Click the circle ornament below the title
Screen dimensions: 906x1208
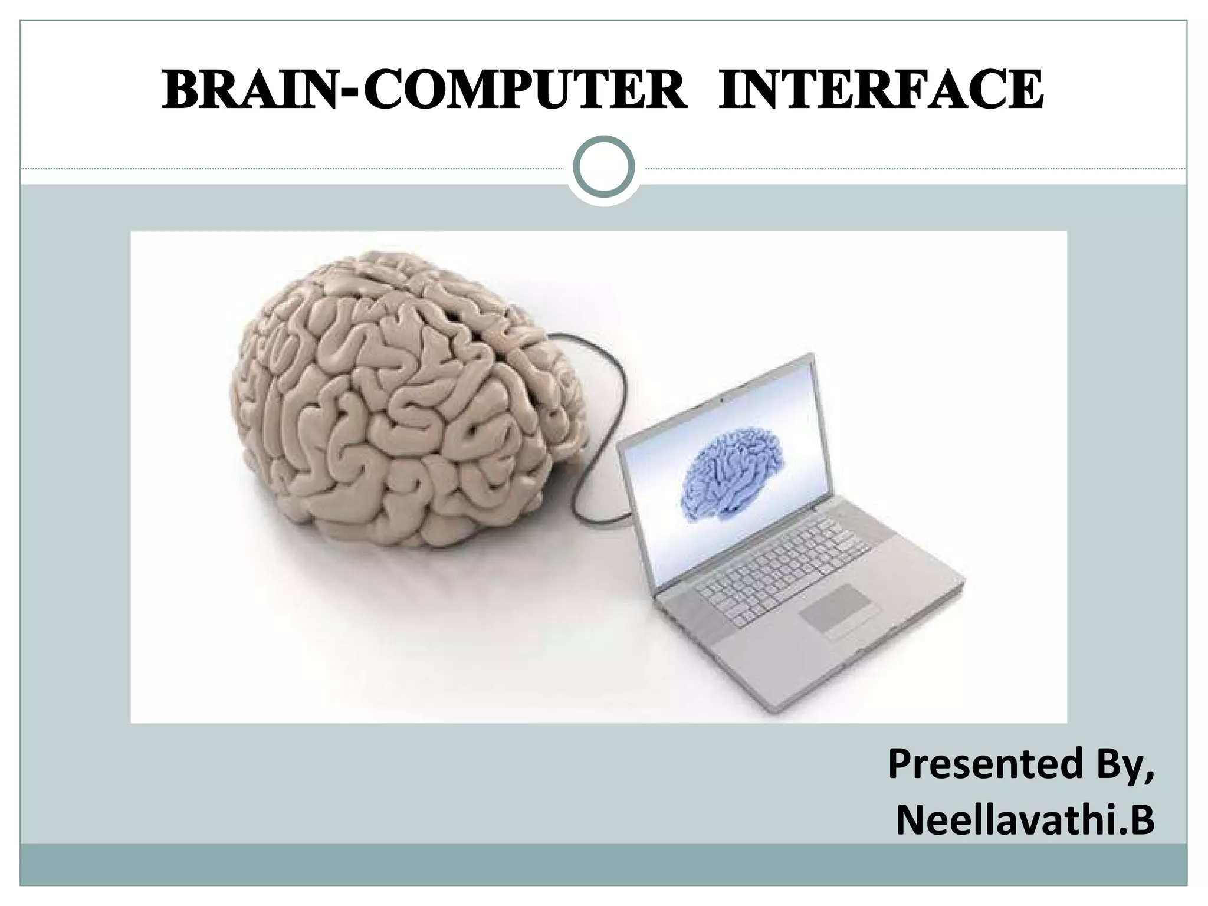click(604, 167)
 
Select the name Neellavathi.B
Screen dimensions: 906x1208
click(1025, 820)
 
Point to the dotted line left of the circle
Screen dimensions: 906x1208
click(295, 169)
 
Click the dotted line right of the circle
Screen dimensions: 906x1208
click(914, 169)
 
